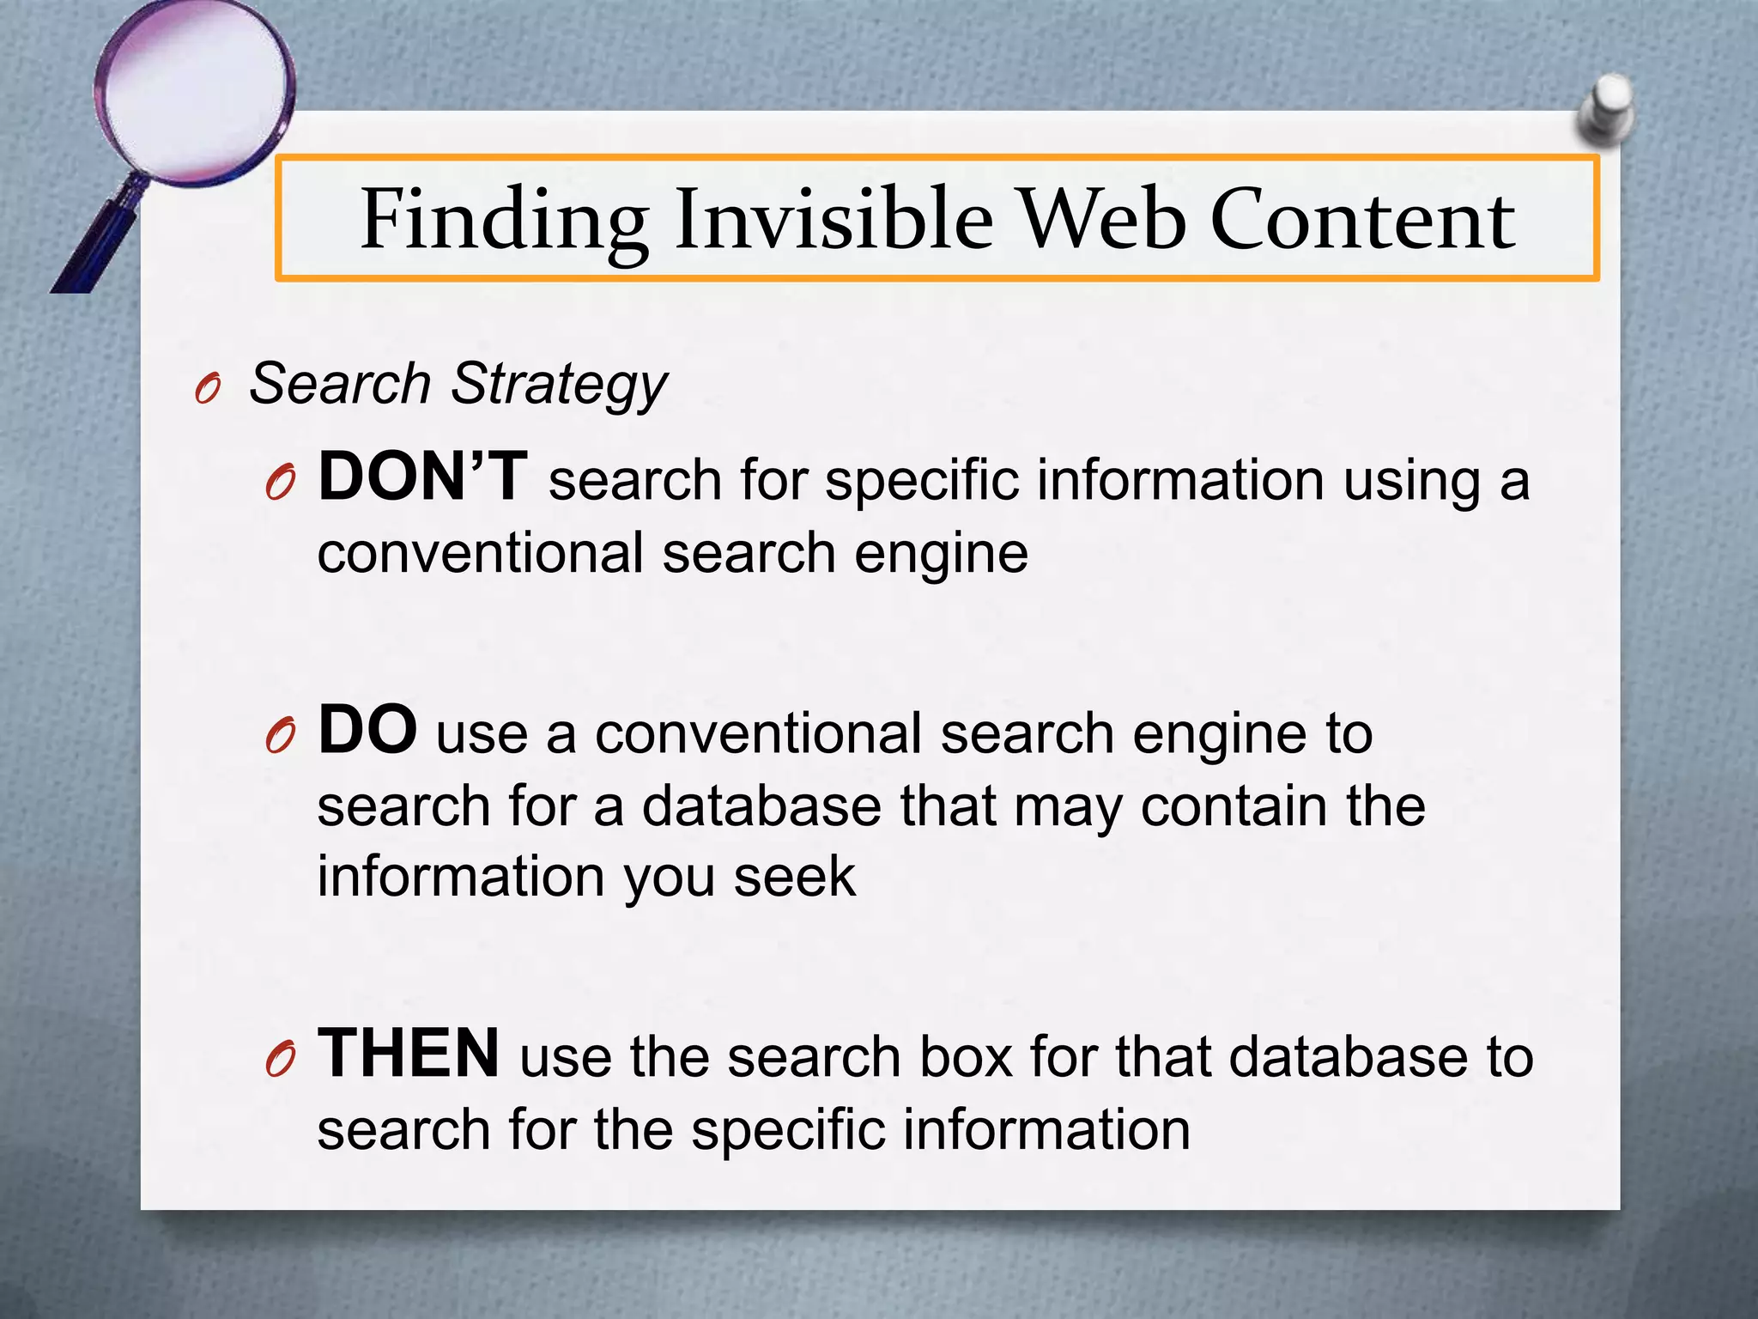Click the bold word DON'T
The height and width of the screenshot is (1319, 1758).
[422, 477]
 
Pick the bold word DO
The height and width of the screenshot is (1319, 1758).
[367, 730]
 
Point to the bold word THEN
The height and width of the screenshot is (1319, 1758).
[409, 1054]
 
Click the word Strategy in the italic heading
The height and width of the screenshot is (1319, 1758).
[559, 384]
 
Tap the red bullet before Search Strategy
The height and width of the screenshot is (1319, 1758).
[208, 391]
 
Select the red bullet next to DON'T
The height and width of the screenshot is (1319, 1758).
[280, 485]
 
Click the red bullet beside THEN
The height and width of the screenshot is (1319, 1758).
[280, 1061]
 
